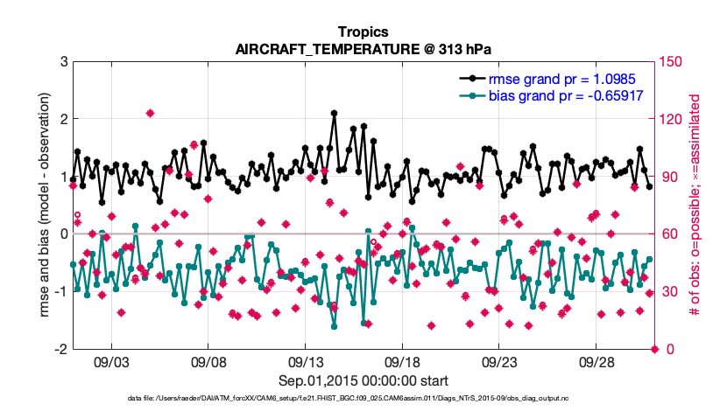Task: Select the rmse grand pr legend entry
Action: pyautogui.click(x=564, y=79)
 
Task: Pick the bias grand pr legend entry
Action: pyautogui.click(x=566, y=95)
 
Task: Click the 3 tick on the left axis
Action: pyautogui.click(x=64, y=61)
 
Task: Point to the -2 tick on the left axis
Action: pyautogui.click(x=61, y=349)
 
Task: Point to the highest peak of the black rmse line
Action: pyautogui.click(x=334, y=113)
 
